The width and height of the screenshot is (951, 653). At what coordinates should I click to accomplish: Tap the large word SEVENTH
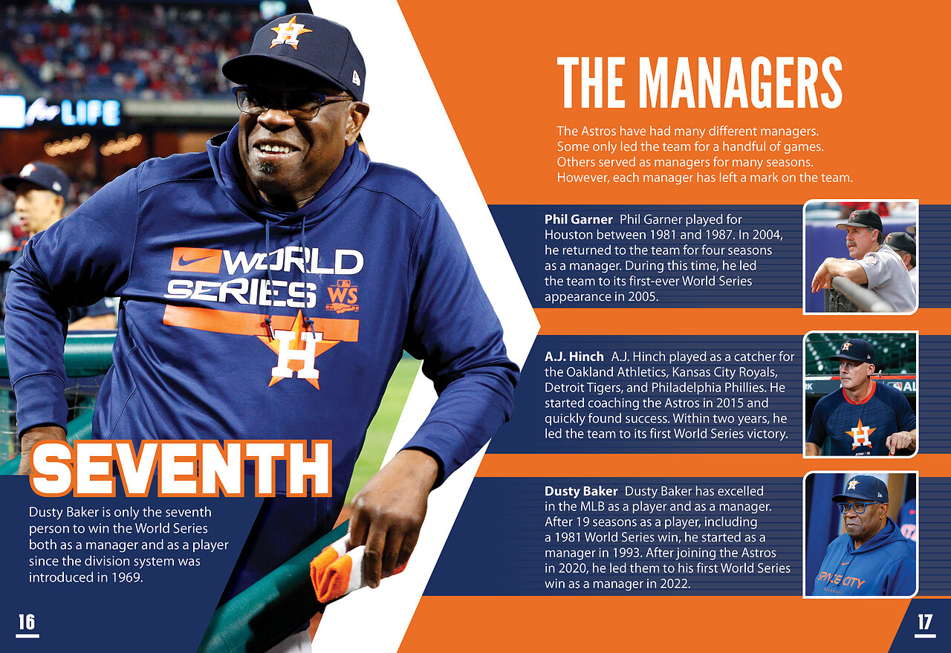(181, 468)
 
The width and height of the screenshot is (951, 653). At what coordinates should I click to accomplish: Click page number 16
(27, 623)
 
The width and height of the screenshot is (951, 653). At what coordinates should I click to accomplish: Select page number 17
(924, 623)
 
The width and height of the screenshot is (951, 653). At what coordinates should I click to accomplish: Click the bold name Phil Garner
(578, 219)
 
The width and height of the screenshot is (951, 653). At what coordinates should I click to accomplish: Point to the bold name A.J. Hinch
(574, 357)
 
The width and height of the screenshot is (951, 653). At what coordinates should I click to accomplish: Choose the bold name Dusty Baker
(581, 491)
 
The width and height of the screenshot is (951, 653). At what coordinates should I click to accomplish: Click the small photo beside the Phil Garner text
(860, 257)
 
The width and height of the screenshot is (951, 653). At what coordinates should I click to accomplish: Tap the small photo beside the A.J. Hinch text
(860, 394)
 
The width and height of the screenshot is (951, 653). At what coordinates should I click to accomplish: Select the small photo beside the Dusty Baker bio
(860, 535)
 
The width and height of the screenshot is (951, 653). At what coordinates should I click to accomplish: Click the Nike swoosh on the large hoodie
(195, 259)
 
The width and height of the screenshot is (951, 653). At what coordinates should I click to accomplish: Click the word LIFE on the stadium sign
(91, 114)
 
